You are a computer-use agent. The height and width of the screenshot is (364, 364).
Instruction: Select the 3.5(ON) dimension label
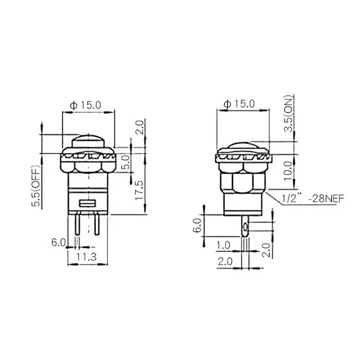287,112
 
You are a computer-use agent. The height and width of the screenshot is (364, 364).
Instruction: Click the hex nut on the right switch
241,180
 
